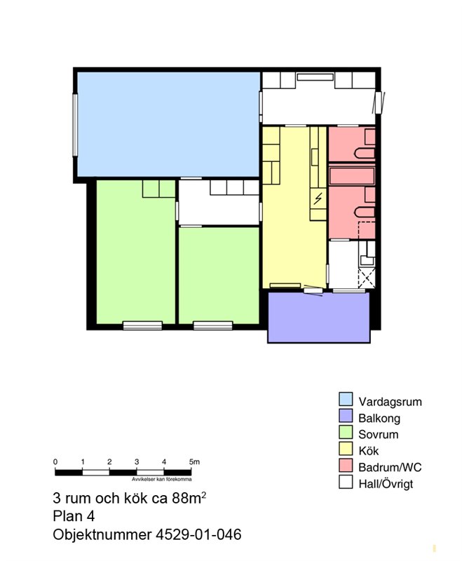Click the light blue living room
pyautogui.click(x=168, y=124)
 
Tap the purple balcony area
pyautogui.click(x=318, y=318)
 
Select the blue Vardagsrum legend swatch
pyautogui.click(x=346, y=399)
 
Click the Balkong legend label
pyautogui.click(x=379, y=418)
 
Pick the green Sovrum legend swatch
pyautogui.click(x=346, y=432)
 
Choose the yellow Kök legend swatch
pyautogui.click(x=346, y=448)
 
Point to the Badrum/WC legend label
pyautogui.click(x=390, y=467)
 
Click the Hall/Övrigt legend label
pyautogui.click(x=386, y=484)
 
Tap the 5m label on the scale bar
pyautogui.click(x=194, y=461)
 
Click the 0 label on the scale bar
pyautogui.click(x=55, y=461)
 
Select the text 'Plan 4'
pyautogui.click(x=74, y=516)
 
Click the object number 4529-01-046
pyautogui.click(x=198, y=534)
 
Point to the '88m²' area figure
pyautogui.click(x=189, y=497)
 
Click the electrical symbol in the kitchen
pyautogui.click(x=318, y=198)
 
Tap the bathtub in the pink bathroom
pyautogui.click(x=352, y=175)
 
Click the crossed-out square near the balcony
pyautogui.click(x=367, y=278)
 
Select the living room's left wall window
pyautogui.click(x=75, y=125)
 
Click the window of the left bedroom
pyautogui.click(x=142, y=325)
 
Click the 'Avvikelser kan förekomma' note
pyautogui.click(x=162, y=479)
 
